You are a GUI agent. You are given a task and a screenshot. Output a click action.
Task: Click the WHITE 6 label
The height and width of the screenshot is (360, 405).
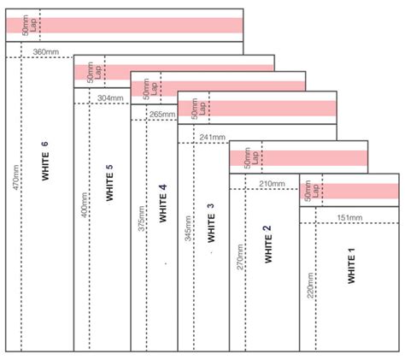coord(44,161)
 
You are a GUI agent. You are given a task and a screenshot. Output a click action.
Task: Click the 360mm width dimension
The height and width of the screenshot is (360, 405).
coord(46,53)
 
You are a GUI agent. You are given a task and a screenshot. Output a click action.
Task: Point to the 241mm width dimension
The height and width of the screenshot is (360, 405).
coord(212,137)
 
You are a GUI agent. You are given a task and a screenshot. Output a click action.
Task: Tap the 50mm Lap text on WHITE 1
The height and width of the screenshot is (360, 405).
coord(311,192)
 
